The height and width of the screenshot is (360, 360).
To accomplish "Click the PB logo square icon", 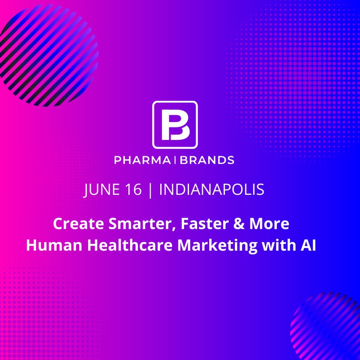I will (x=175, y=125).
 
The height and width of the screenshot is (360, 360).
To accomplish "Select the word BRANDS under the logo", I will (x=207, y=160).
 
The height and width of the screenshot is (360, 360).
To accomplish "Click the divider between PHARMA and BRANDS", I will (x=175, y=160).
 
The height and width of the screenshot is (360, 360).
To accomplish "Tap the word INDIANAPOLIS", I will (x=211, y=189).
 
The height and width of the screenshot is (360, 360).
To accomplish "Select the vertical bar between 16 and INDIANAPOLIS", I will (x=150, y=189).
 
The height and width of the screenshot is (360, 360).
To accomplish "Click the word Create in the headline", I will (x=73, y=224).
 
